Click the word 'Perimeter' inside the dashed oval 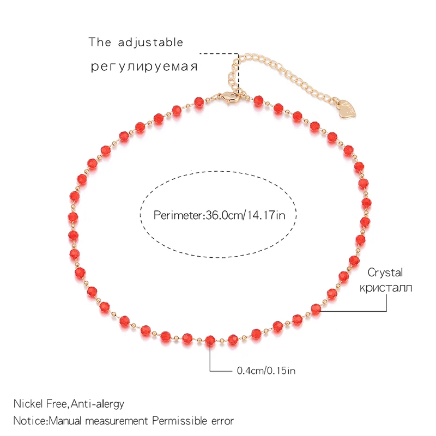click(177, 215)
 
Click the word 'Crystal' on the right click(385, 272)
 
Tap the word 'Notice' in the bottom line click(31, 421)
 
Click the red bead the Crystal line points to click(316, 309)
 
